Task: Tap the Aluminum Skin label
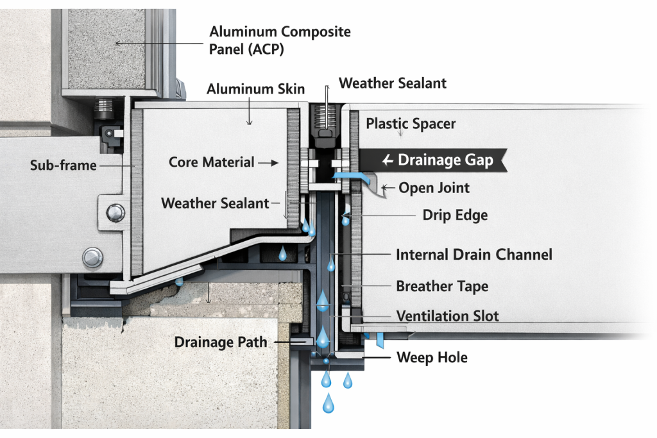click(255, 89)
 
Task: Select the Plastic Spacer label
click(411, 123)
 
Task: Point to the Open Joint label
click(434, 188)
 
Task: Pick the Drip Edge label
click(455, 215)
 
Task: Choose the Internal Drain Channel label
click(474, 255)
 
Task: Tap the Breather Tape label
click(441, 286)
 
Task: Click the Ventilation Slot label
click(447, 316)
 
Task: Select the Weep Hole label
click(432, 357)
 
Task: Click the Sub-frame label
click(63, 165)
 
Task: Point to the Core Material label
click(212, 162)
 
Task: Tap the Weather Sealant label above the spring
click(393, 83)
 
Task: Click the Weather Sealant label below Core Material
click(214, 203)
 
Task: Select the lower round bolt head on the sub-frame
click(92, 258)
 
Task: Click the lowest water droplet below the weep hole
click(328, 403)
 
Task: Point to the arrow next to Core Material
click(268, 163)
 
